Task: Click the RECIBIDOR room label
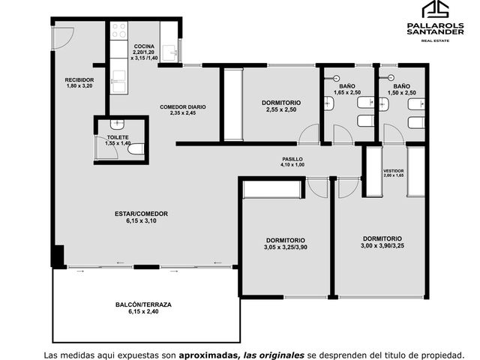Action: click(79, 80)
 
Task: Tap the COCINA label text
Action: click(144, 46)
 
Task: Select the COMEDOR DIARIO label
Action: click(183, 107)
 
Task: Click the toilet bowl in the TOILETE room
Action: click(136, 149)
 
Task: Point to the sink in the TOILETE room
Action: click(117, 124)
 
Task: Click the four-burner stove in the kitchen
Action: click(118, 30)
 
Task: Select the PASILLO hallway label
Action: click(292, 159)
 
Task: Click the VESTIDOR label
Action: click(394, 171)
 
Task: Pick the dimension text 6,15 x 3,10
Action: click(141, 220)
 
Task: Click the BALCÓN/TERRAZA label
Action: click(143, 305)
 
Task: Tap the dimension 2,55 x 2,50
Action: click(281, 109)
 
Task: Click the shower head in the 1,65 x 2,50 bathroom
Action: click(337, 78)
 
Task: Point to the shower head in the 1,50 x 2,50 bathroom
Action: click(391, 78)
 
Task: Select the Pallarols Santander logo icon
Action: click(435, 10)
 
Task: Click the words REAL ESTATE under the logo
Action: click(435, 40)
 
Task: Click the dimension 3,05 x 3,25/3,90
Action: click(286, 247)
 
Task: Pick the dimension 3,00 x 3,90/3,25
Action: click(382, 245)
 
